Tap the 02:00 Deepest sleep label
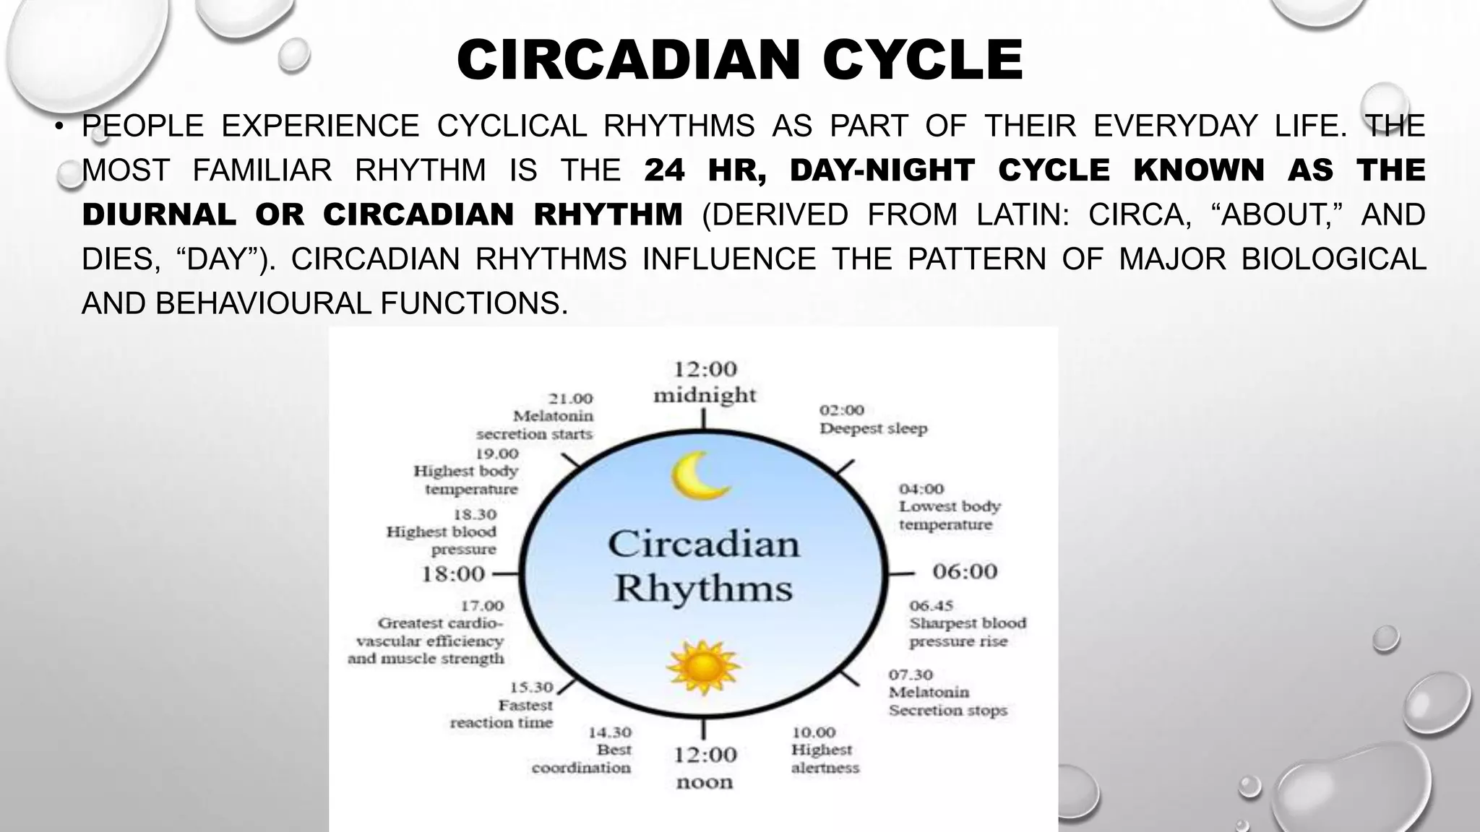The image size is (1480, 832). [x=873, y=420]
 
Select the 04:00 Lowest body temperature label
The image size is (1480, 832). [x=949, y=507]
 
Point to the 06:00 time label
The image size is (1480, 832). [x=965, y=572]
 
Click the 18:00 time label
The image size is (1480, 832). [x=453, y=575]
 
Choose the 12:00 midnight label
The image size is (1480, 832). [x=705, y=382]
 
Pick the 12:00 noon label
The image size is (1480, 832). [x=705, y=768]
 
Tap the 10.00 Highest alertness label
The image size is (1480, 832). [x=825, y=750]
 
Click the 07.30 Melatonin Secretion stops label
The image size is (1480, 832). [x=947, y=693]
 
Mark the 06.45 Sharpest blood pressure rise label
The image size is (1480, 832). [x=967, y=623]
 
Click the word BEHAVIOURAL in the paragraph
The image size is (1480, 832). [x=263, y=303]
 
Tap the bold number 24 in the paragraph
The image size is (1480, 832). [x=663, y=170]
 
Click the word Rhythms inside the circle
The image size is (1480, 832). [x=703, y=589]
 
